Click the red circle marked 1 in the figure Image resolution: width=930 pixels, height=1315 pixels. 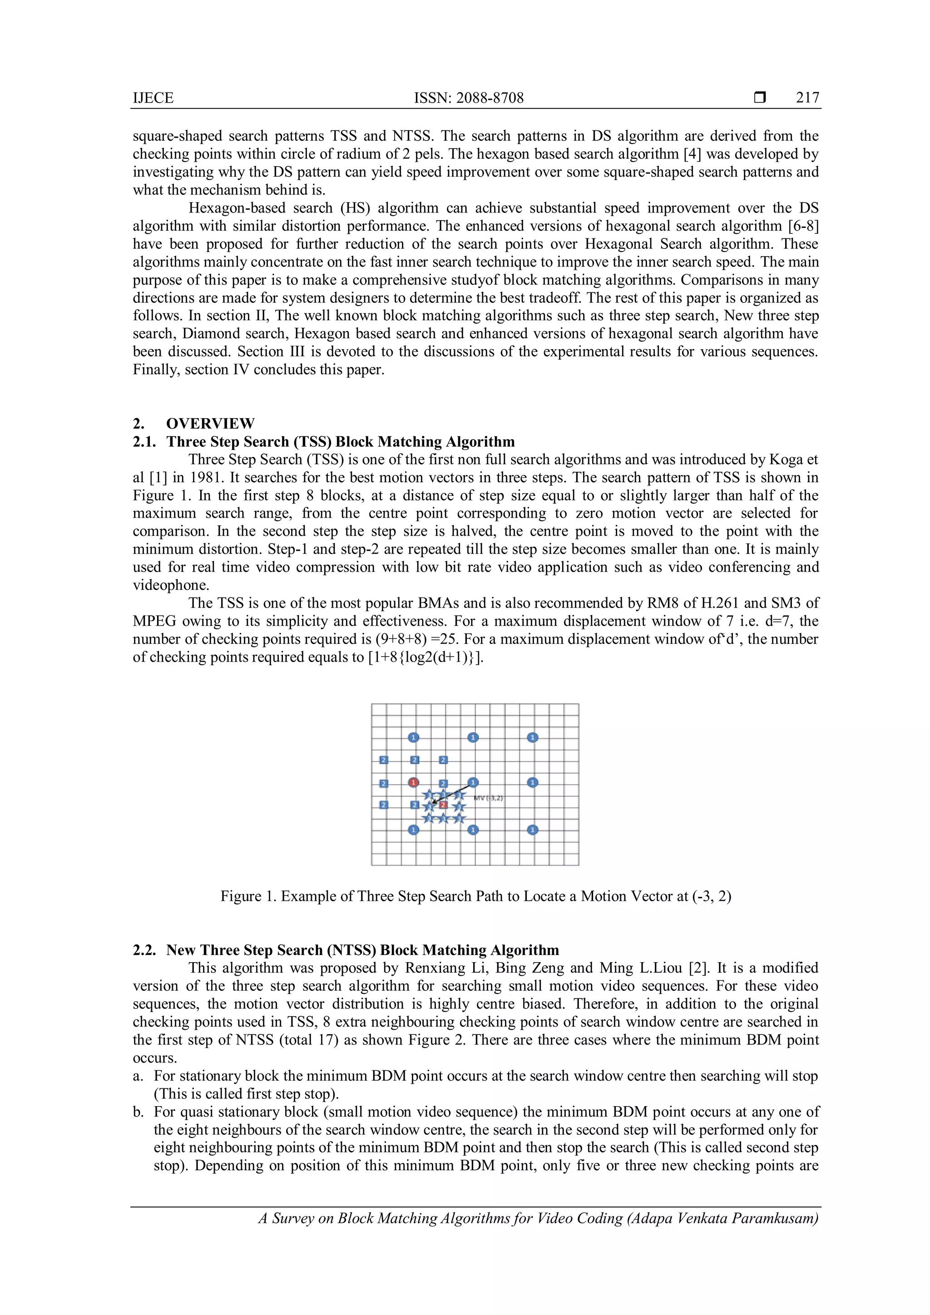click(414, 782)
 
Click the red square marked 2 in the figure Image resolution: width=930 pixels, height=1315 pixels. click(443, 805)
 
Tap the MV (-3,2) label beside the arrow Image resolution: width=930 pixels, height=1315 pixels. click(488, 798)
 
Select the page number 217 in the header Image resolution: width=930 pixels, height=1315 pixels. click(807, 98)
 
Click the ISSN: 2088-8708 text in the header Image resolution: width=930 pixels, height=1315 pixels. click(469, 98)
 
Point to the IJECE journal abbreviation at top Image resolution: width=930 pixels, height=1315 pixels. click(153, 98)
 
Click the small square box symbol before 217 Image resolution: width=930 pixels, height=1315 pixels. click(760, 98)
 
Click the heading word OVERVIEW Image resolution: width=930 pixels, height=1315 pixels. click(210, 423)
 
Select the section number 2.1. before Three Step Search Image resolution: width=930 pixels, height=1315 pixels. click(144, 441)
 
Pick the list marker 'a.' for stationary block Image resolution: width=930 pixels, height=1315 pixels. click(138, 1076)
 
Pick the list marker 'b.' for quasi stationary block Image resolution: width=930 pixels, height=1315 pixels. click(138, 1112)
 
